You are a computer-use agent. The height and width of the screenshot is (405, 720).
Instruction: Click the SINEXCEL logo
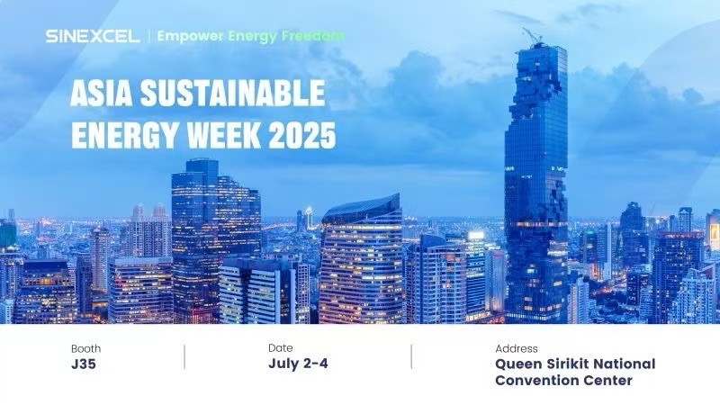[93, 36]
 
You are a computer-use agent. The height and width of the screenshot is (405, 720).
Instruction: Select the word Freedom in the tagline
[313, 35]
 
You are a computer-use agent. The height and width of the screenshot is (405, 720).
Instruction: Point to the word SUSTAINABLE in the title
[233, 93]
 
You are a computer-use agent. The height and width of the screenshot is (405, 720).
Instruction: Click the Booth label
[85, 348]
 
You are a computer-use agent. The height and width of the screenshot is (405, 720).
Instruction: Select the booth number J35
[84, 364]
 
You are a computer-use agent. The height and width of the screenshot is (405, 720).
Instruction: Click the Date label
[281, 348]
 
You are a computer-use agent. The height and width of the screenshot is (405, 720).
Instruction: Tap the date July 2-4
[298, 364]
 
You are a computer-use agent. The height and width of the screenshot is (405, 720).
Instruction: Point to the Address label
[516, 348]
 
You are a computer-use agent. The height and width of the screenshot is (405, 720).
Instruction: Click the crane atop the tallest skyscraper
[533, 36]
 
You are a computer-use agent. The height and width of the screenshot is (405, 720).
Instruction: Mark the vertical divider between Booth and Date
[184, 356]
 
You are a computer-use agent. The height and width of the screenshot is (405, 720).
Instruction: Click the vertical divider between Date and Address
[411, 356]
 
